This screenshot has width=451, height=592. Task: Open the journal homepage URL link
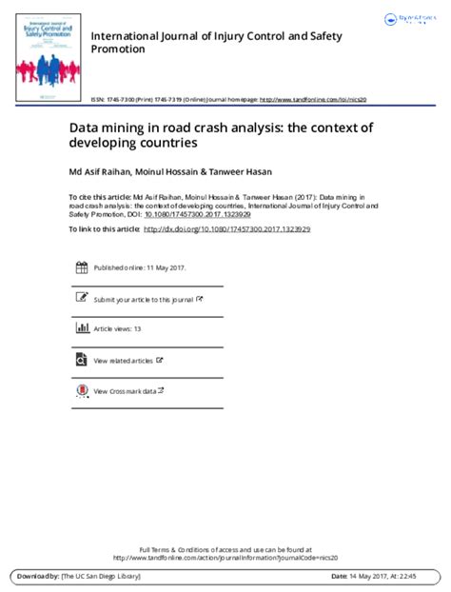tap(327, 99)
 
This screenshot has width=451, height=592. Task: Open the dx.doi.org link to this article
tap(229, 229)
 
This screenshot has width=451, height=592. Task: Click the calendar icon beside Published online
tap(80, 268)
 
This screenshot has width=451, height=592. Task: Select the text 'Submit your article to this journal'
tap(143, 299)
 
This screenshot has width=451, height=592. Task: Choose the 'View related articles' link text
tap(124, 360)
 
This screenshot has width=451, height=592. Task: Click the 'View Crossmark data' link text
tap(125, 390)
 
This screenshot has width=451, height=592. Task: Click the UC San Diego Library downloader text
tap(99, 577)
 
